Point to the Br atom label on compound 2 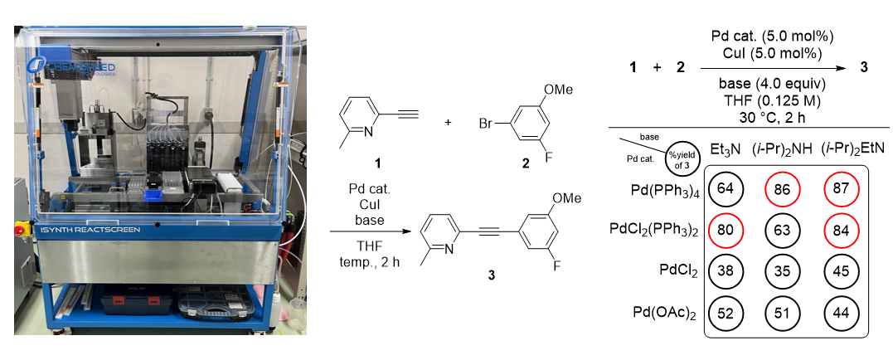click(x=487, y=124)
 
